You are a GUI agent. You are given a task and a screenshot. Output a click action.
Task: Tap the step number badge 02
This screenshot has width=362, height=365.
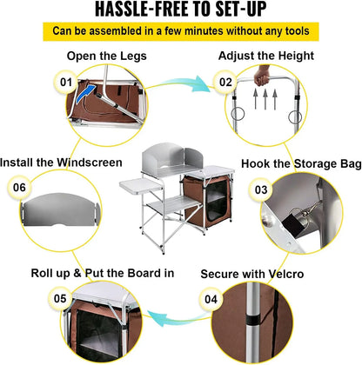(225, 83)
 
